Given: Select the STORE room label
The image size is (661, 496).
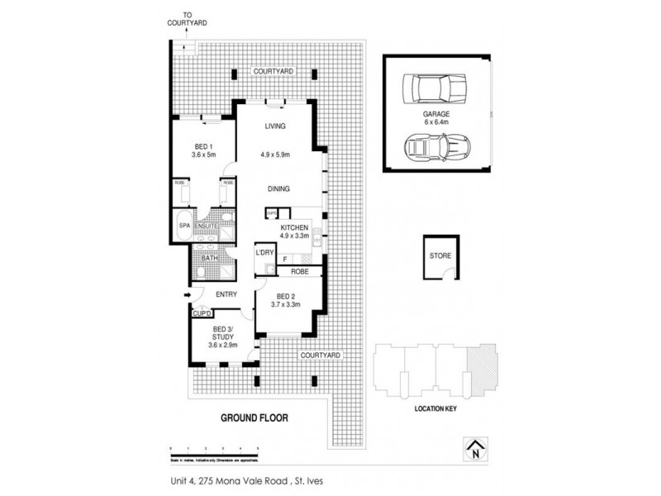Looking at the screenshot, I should [440, 255].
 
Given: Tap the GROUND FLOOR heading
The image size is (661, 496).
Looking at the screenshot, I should [254, 417].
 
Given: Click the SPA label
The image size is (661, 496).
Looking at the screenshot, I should [183, 224].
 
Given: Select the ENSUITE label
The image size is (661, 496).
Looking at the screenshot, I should [207, 225].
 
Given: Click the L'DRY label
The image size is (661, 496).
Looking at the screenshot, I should [264, 252].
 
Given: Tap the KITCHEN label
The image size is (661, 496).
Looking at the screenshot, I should [295, 227].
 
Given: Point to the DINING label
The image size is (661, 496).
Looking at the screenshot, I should [278, 188].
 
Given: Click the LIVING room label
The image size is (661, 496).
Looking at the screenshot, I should [275, 126].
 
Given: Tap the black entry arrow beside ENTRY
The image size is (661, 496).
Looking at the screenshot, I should [187, 294].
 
